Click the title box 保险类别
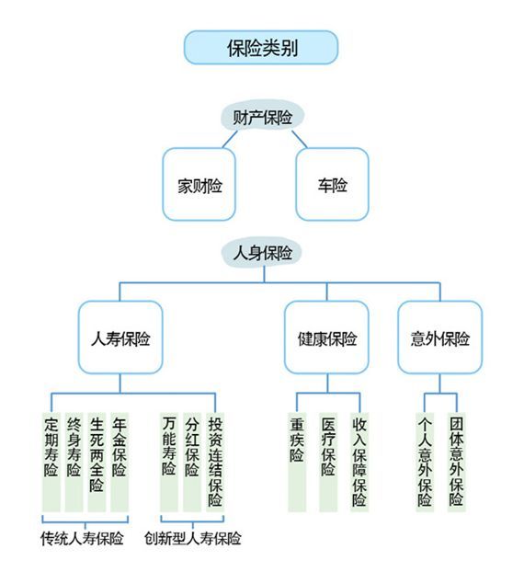pyautogui.click(x=261, y=48)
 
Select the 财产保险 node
pyautogui.click(x=262, y=117)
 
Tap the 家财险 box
pyautogui.click(x=199, y=184)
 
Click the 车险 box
pyautogui.click(x=332, y=184)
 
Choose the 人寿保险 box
pyautogui.click(x=120, y=337)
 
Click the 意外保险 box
pyautogui.click(x=439, y=337)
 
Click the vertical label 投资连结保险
pyautogui.click(x=214, y=461)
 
